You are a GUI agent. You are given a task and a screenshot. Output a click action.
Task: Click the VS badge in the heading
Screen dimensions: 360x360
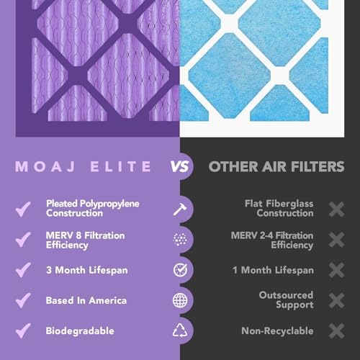pos(180,167)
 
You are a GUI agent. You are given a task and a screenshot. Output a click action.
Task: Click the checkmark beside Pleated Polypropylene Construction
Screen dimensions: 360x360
pos(24,209)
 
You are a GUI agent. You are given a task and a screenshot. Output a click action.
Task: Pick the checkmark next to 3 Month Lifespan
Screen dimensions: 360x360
pos(24,270)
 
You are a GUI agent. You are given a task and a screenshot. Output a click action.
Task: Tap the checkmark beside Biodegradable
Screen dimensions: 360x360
pos(24,330)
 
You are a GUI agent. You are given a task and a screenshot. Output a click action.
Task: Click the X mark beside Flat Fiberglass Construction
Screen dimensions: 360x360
pos(336,209)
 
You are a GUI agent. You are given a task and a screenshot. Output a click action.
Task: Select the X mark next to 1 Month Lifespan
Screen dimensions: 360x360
pos(336,270)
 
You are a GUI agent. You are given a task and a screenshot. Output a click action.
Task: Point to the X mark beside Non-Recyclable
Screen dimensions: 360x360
pos(336,330)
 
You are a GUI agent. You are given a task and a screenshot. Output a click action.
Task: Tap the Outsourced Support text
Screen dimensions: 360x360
pos(286,300)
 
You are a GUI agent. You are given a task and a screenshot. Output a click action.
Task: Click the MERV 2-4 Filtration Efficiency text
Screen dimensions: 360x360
pos(272,240)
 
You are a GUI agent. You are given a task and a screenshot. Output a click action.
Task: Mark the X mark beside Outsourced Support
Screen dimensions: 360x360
pos(336,300)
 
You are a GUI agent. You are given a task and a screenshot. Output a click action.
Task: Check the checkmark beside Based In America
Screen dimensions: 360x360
pos(24,300)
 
